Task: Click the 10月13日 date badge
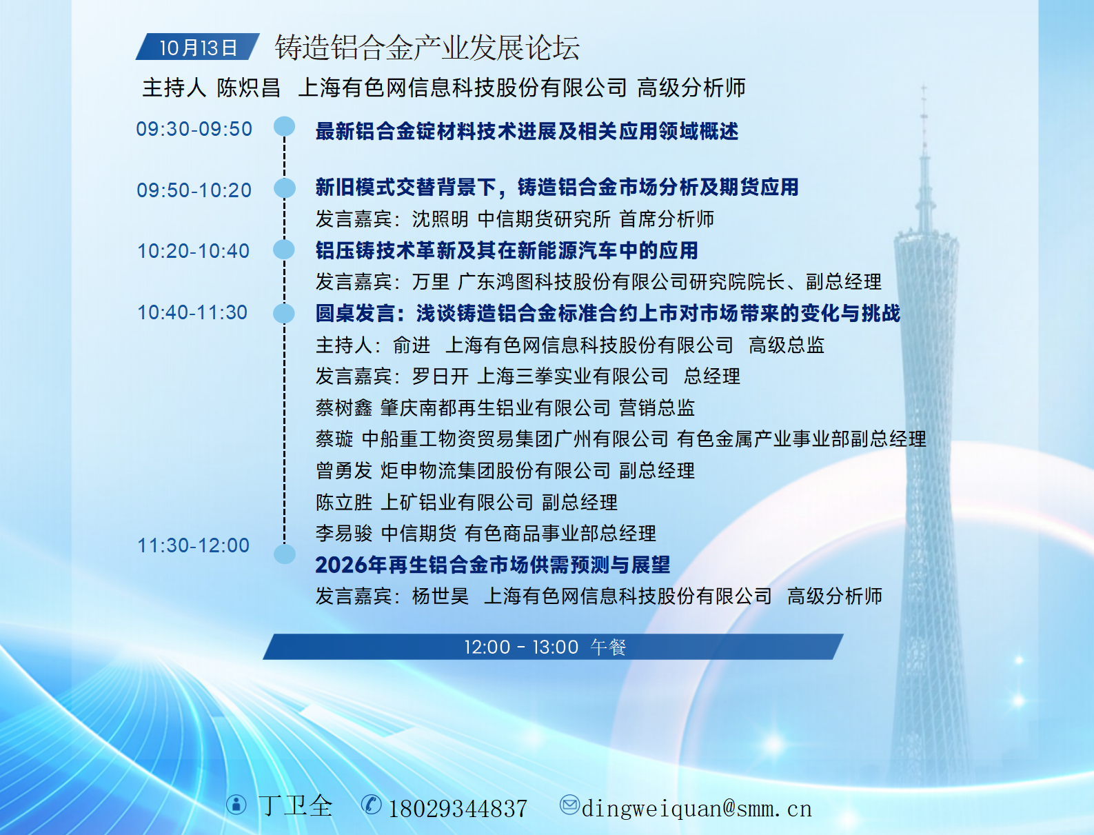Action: coord(197,47)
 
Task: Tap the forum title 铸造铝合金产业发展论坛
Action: coord(427,48)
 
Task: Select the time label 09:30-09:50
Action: coord(194,129)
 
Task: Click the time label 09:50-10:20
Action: coord(194,190)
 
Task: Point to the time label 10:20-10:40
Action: coord(194,251)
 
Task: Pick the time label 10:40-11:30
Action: coord(192,312)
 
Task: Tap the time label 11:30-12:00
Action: coord(194,545)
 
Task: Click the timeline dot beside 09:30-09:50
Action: coord(284,126)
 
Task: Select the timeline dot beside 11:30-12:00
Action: coord(285,554)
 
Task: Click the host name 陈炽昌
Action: coord(248,88)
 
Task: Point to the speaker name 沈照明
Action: coord(440,219)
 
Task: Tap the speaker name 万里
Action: coord(431,281)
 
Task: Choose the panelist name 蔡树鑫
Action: coord(344,408)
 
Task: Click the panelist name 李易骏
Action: coord(344,534)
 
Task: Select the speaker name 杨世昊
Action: coord(440,596)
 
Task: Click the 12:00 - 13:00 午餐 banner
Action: coord(553,647)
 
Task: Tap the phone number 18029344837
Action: coord(458,809)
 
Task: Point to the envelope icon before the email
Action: coord(569,804)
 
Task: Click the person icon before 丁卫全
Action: coord(236,804)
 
